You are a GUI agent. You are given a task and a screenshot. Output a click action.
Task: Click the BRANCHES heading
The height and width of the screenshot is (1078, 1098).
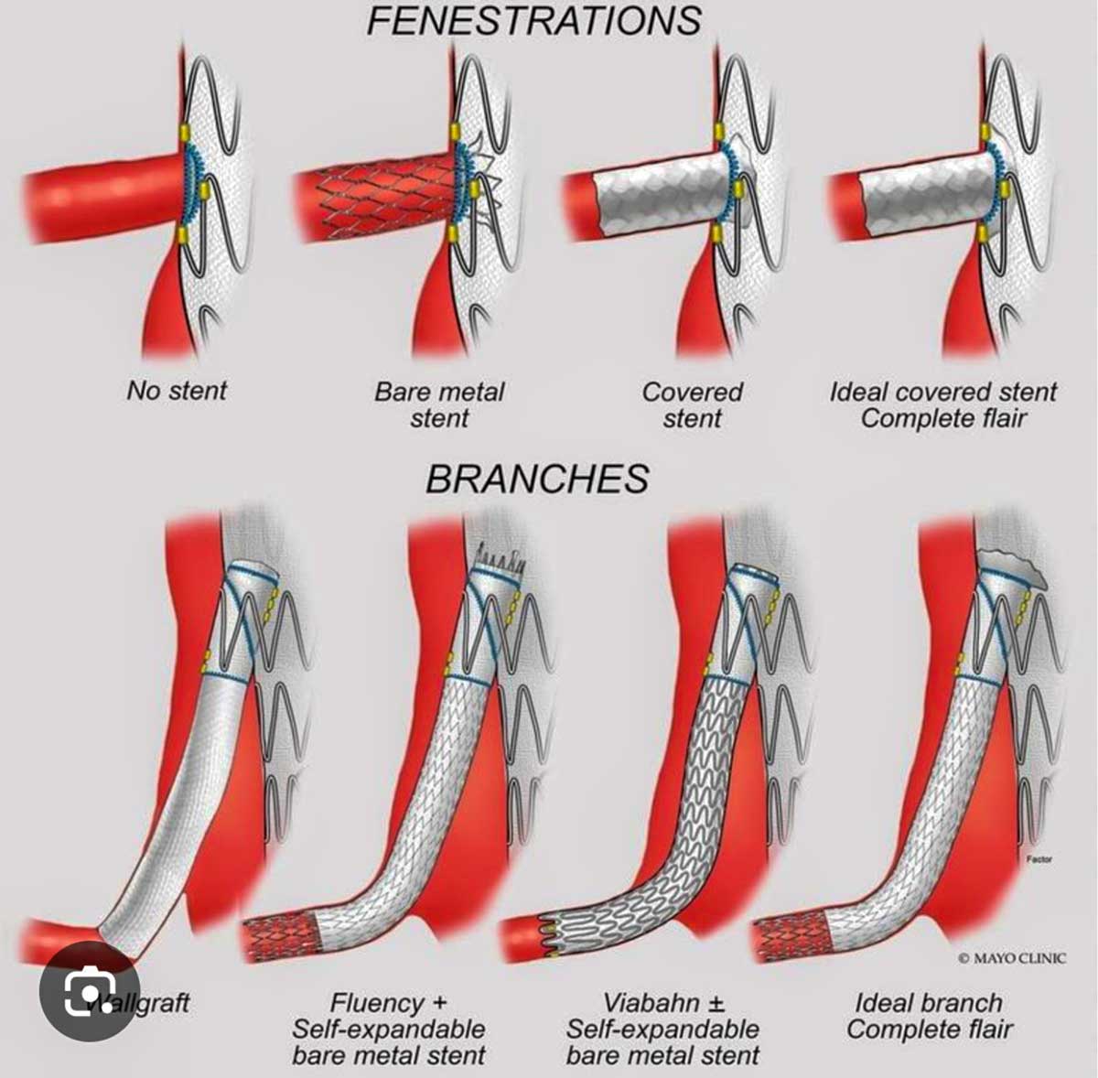pyautogui.click(x=537, y=479)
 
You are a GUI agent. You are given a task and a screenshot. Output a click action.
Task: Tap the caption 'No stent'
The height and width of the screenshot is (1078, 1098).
pyautogui.click(x=177, y=391)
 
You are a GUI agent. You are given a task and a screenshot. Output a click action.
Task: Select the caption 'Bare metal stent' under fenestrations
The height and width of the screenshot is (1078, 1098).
pyautogui.click(x=439, y=404)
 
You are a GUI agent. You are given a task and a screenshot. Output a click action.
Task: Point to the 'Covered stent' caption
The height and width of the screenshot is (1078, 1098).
pyautogui.click(x=692, y=404)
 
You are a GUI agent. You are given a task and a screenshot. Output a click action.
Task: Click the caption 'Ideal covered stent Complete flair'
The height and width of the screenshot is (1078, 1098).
pyautogui.click(x=942, y=404)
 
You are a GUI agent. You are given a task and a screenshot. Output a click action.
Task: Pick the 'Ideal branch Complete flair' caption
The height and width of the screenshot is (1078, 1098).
pyautogui.click(x=929, y=1016)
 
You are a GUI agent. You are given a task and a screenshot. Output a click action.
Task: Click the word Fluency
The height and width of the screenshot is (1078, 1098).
pyautogui.click(x=377, y=1003)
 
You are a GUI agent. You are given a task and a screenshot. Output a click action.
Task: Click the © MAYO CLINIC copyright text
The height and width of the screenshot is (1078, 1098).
pyautogui.click(x=1012, y=958)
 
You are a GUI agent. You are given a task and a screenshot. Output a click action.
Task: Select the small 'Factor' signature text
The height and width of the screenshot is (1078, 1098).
pyautogui.click(x=1039, y=859)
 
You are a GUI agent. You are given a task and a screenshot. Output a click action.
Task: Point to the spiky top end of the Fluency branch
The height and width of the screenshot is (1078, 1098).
pyautogui.click(x=500, y=555)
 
